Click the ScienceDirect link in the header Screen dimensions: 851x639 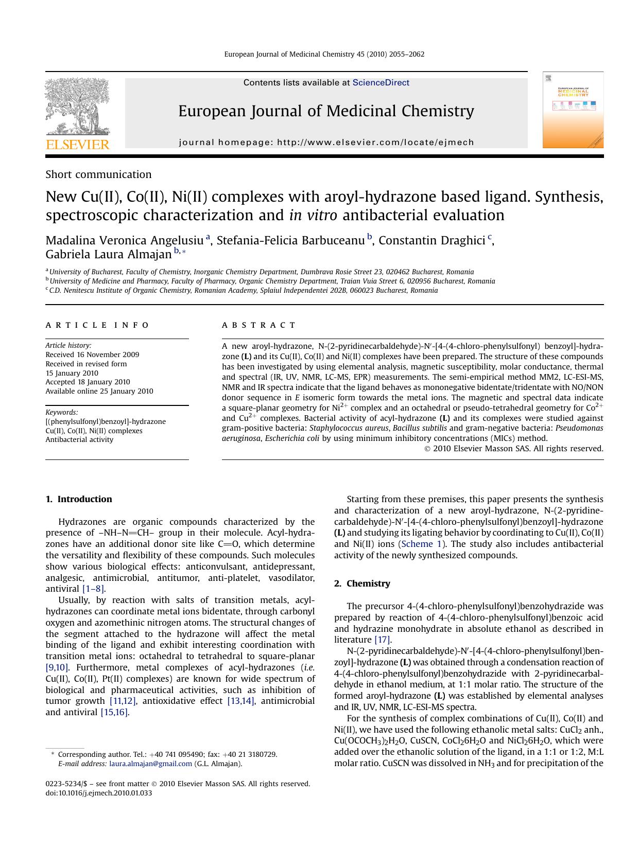[x=381, y=83]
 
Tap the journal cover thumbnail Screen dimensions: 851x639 [x=573, y=110]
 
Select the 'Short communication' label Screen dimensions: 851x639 [x=98, y=174]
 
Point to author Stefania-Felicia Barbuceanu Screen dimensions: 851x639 [x=290, y=240]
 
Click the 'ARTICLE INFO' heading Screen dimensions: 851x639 [x=97, y=325]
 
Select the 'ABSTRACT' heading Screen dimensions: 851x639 [x=258, y=325]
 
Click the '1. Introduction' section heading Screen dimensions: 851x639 [x=79, y=499]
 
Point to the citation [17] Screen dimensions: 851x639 [x=383, y=640]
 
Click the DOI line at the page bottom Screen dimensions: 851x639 [x=99, y=793]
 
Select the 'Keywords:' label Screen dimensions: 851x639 [x=62, y=412]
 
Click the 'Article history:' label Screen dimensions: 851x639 [x=68, y=346]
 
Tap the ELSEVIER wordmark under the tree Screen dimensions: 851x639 [x=78, y=145]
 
